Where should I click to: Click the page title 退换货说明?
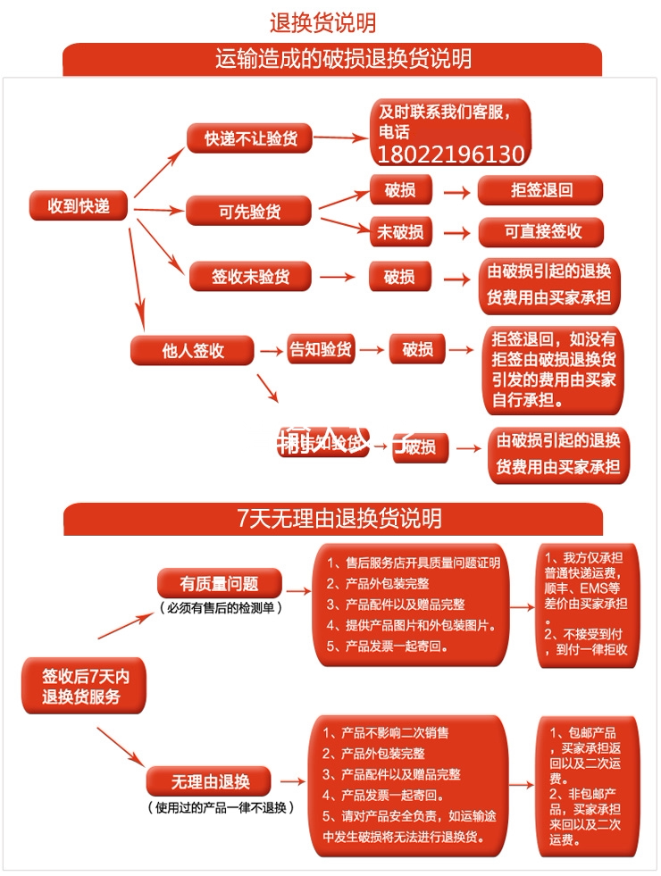tap(322, 22)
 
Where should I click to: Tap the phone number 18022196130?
tap(451, 155)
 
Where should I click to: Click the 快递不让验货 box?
tap(250, 139)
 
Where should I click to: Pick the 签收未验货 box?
tap(250, 277)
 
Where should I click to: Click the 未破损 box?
tap(399, 232)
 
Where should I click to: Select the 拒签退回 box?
tap(541, 190)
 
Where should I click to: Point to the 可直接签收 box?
tap(541, 232)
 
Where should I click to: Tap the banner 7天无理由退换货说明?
tap(332, 519)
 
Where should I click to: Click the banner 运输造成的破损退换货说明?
tap(332, 60)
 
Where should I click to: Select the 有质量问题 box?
tap(219, 584)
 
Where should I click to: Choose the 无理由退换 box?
tap(210, 782)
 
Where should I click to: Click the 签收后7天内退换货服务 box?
tap(80, 686)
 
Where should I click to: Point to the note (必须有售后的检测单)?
tap(221, 608)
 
